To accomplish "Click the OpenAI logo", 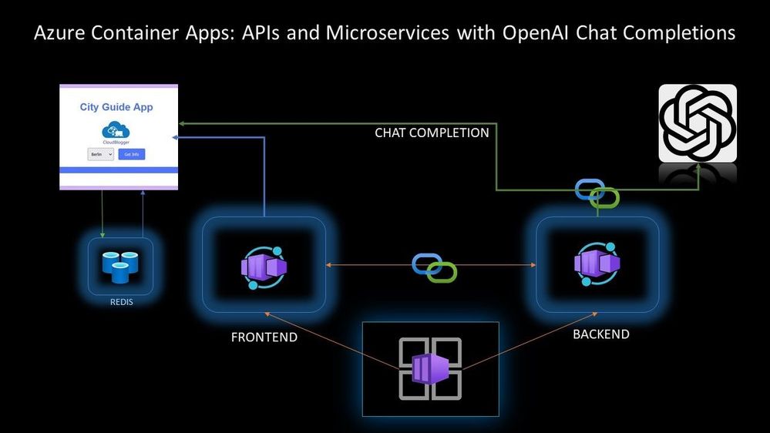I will point(697,123).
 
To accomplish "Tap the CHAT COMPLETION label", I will point(432,133).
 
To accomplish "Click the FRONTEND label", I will point(264,337).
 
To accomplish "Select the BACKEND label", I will point(601,334).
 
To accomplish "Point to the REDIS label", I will point(121,302).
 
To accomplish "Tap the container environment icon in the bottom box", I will point(430,369).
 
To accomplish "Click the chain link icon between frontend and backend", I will point(435,267).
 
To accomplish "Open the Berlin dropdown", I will point(100,154).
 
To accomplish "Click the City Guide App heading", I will point(116,107).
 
